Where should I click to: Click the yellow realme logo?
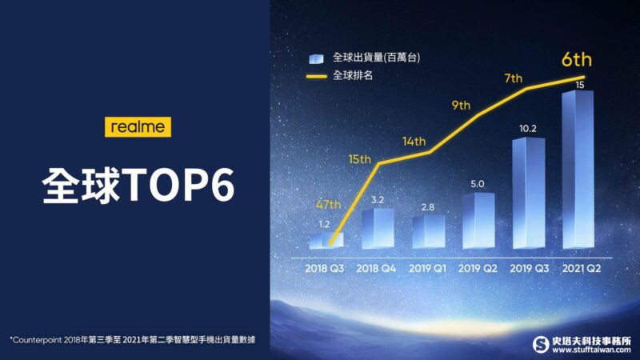pyautogui.click(x=138, y=127)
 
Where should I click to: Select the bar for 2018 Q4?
pyautogui.click(x=378, y=229)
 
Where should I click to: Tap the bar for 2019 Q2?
pyautogui.click(x=478, y=221)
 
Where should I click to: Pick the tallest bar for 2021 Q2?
pyautogui.click(x=578, y=170)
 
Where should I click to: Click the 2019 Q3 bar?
pyautogui.click(x=529, y=193)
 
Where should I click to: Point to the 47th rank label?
pyautogui.click(x=329, y=204)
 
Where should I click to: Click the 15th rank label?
pyautogui.click(x=359, y=158)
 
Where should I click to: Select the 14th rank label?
pyautogui.click(x=414, y=142)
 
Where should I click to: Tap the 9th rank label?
pyautogui.click(x=461, y=106)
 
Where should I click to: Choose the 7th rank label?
pyautogui.click(x=513, y=78)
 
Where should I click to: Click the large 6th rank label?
pyautogui.click(x=576, y=59)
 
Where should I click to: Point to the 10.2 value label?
pyautogui.click(x=528, y=129)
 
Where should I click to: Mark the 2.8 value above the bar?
pyautogui.click(x=428, y=207)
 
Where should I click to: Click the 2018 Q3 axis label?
pyautogui.click(x=325, y=268)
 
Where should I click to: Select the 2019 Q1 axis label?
pyautogui.click(x=428, y=268)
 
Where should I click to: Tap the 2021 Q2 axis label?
pyautogui.click(x=582, y=268)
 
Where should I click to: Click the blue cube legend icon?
pyautogui.click(x=316, y=58)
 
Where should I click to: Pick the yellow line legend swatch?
pyautogui.click(x=316, y=76)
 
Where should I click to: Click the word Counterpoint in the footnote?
pyautogui.click(x=37, y=340)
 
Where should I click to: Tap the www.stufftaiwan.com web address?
pyautogui.click(x=591, y=350)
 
